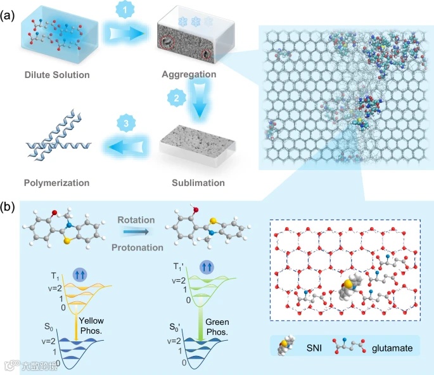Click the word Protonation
click(x=140, y=247)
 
